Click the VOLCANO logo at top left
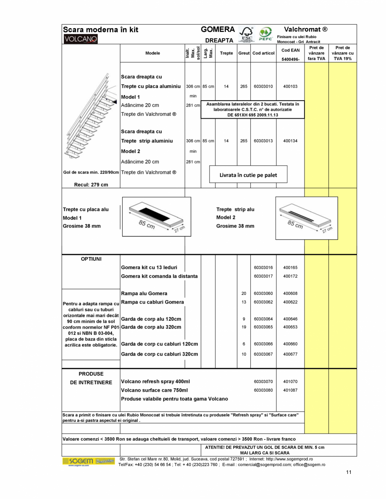point(80,39)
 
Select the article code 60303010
point(263,86)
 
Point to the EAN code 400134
point(290,141)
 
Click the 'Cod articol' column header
point(263,53)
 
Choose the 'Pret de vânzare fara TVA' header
point(316,53)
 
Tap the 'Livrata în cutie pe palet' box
point(248,175)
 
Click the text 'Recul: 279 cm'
point(91,185)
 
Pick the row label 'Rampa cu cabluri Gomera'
point(152,302)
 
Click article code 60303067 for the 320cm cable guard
point(263,354)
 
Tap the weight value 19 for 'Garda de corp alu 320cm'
point(244,327)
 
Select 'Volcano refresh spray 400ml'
point(155,382)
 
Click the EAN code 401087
point(290,390)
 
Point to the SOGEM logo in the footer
point(89,461)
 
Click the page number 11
point(349,472)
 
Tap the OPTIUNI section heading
point(91,259)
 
